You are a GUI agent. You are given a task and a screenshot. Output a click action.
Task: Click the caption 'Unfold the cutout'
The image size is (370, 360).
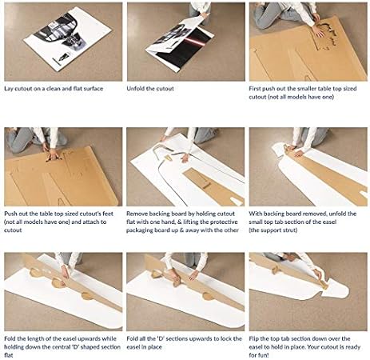coord(150,89)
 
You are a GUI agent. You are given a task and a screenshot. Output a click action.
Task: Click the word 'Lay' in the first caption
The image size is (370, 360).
coord(9,89)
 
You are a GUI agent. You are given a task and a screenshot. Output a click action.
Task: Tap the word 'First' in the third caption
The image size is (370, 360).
coord(255,89)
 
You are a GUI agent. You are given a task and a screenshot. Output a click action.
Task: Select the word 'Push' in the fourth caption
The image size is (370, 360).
coord(10,214)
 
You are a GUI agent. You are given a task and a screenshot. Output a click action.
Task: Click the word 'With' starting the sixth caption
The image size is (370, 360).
coord(255,214)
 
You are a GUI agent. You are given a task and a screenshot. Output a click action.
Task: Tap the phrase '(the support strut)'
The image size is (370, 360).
coord(273,230)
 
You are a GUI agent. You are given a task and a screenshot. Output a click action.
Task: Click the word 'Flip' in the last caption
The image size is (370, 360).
coord(254,339)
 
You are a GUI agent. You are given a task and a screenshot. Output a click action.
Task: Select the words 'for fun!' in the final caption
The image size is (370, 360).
coord(259,355)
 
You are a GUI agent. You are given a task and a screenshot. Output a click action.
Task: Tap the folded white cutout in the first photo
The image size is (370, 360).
coord(68,38)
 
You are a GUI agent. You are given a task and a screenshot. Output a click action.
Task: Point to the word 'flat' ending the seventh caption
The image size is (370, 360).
coord(9,355)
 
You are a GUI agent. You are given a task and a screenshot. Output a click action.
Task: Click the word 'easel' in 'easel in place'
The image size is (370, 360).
coord(133,347)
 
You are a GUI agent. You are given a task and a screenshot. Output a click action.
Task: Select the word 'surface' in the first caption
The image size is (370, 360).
coord(93,89)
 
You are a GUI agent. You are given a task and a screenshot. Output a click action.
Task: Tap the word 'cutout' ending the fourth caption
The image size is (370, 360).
coord(13,230)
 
